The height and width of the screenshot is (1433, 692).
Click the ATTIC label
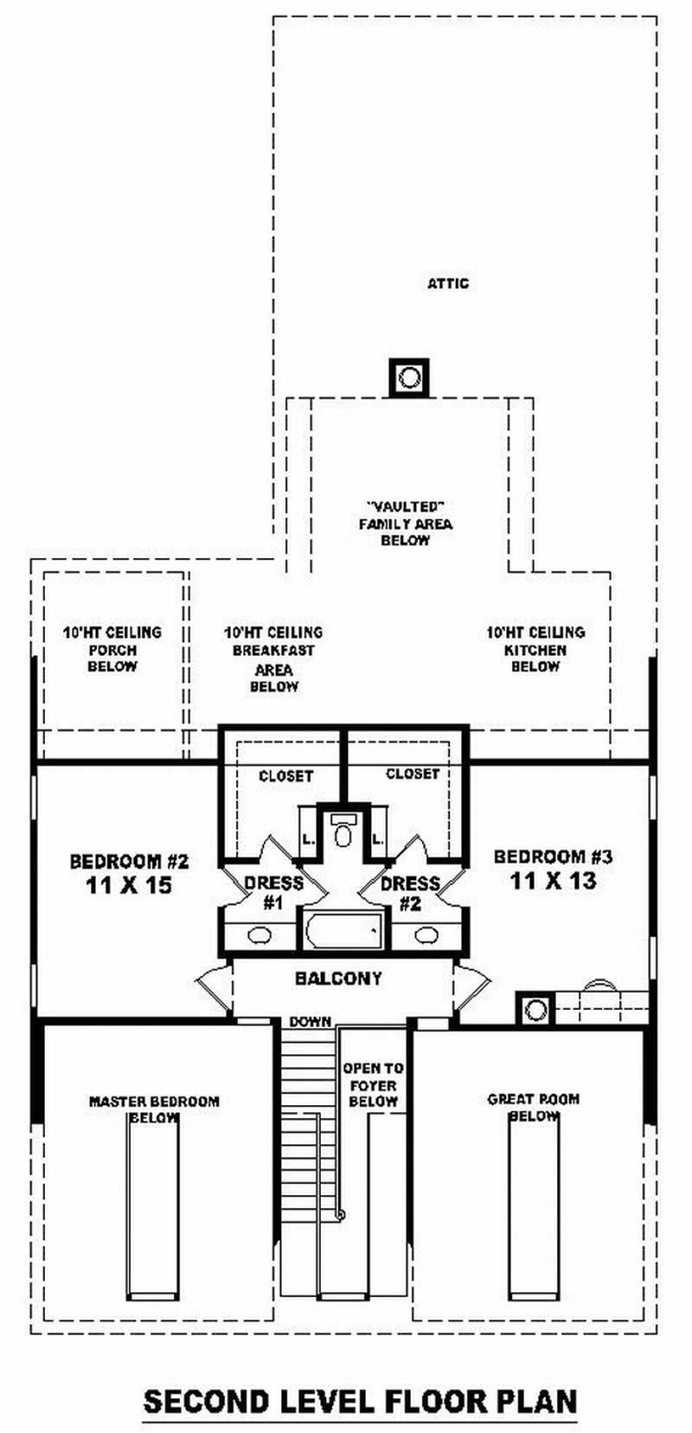448,284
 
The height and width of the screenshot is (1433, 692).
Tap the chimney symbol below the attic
409,377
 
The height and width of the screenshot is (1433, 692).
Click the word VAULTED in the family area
405,507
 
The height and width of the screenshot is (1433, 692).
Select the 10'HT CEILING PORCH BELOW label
112,650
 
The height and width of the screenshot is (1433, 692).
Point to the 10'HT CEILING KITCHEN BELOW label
535,650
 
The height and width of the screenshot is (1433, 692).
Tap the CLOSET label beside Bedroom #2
285,776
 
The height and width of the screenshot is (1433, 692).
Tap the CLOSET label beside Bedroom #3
413,774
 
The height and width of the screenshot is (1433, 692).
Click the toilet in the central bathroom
343,832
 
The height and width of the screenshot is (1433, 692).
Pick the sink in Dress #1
259,935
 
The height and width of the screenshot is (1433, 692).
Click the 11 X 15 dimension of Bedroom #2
129,885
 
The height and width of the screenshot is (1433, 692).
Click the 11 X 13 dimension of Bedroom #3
553,881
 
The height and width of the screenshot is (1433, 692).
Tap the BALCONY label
338,979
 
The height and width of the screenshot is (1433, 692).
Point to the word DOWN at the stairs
311,1022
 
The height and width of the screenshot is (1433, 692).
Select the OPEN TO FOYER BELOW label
373,1085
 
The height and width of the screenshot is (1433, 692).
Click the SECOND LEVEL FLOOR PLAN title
360,1400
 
